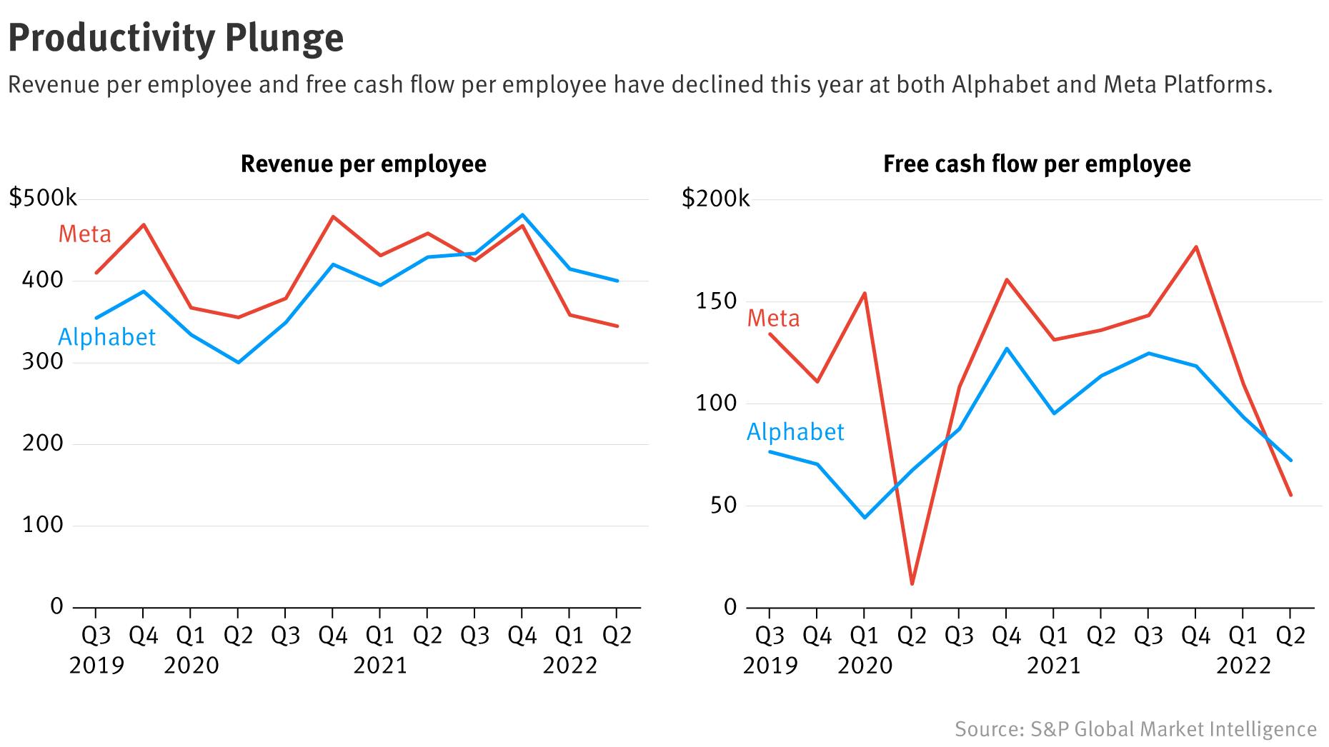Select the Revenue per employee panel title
363,164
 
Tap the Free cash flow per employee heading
1037,164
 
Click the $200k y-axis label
716,198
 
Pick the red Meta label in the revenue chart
84,234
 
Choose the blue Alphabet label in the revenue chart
106,337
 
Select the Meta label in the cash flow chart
773,318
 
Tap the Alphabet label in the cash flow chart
795,432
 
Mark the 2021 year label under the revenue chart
380,666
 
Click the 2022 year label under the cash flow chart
1244,666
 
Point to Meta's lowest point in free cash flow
912,584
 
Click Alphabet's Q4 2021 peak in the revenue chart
522,215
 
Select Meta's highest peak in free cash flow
1196,247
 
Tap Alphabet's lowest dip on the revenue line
238,362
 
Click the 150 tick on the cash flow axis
716,301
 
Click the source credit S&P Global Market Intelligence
1135,729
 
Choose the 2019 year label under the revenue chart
96,666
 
